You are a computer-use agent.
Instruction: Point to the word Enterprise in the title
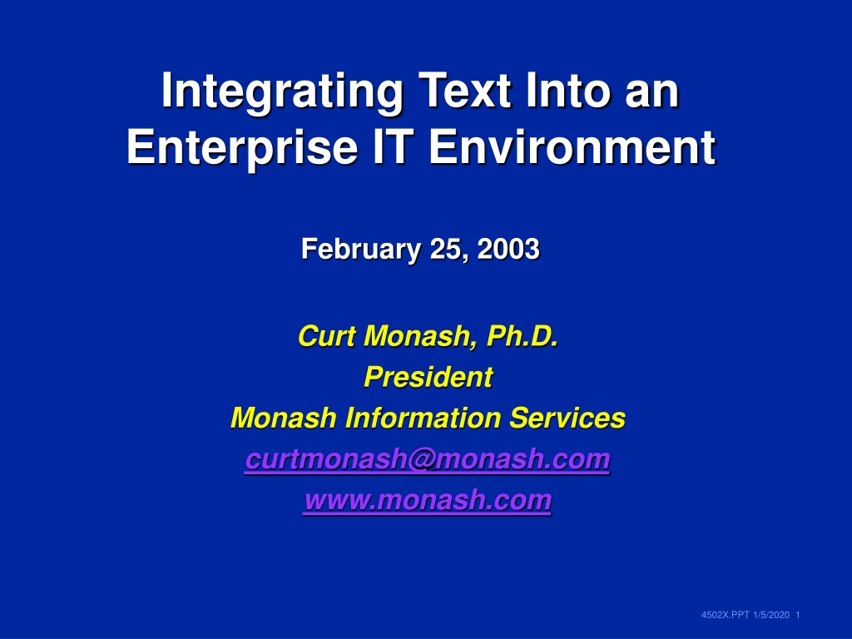[x=242, y=148]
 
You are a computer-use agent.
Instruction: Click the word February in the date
[x=361, y=250]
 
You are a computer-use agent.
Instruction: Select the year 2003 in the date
[x=508, y=249]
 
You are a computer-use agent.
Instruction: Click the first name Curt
[x=326, y=336]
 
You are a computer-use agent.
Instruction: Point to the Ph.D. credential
[x=523, y=336]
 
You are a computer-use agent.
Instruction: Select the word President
[x=428, y=377]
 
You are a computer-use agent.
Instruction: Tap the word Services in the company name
[x=567, y=419]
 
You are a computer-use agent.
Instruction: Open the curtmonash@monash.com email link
[x=428, y=459]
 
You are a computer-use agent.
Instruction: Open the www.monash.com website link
[x=428, y=500]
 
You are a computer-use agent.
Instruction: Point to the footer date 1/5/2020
[x=771, y=615]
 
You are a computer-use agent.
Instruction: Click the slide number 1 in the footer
[x=798, y=615]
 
